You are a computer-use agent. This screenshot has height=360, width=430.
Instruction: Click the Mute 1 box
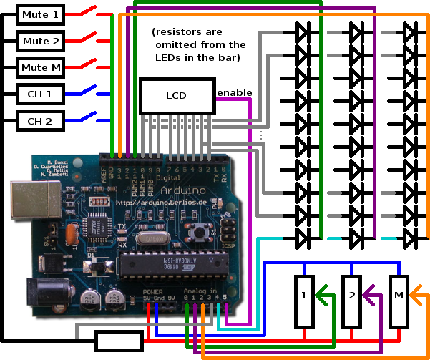point(41,15)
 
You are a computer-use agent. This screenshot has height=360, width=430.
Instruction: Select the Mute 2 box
point(41,42)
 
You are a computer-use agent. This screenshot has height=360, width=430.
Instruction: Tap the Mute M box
point(41,68)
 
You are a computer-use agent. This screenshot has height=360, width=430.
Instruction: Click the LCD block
point(175,96)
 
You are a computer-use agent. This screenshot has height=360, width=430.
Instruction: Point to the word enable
point(233,93)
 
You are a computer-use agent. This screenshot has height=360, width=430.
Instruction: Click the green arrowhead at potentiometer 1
point(323,293)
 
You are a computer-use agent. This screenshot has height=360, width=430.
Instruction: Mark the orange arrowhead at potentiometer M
point(416,293)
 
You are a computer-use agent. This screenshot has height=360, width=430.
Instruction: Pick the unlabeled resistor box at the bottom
point(119,341)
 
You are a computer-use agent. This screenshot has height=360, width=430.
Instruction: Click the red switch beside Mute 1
point(87,12)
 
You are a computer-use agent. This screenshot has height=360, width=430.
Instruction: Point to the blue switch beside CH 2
point(87,117)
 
